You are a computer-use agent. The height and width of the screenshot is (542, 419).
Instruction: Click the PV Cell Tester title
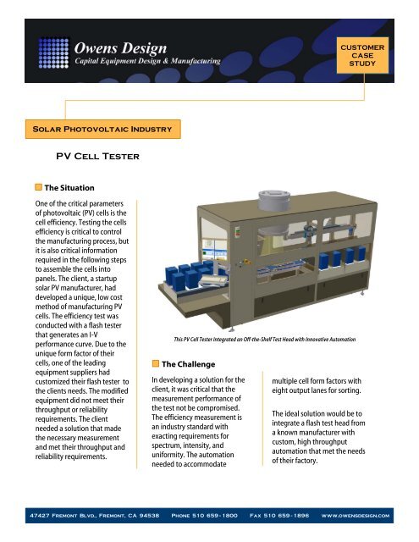point(91,157)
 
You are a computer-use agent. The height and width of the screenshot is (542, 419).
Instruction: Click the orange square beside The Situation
point(37,186)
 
